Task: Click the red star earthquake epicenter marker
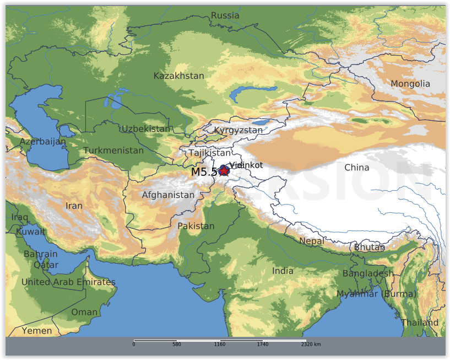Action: pyautogui.click(x=224, y=171)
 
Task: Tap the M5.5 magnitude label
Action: pyautogui.click(x=204, y=172)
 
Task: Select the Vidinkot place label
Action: pyautogui.click(x=246, y=165)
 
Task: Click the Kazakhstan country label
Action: pyautogui.click(x=178, y=76)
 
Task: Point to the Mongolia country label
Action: pyautogui.click(x=410, y=84)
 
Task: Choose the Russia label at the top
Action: pyautogui.click(x=225, y=15)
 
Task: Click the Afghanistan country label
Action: pyautogui.click(x=168, y=195)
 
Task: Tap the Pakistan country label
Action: pyautogui.click(x=196, y=226)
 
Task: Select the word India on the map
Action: pyautogui.click(x=283, y=271)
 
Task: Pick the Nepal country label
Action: pyautogui.click(x=312, y=241)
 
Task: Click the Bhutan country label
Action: pyautogui.click(x=369, y=248)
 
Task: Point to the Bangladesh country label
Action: pyautogui.click(x=368, y=273)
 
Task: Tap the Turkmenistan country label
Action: pyautogui.click(x=113, y=151)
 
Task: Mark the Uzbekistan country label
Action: pyautogui.click(x=146, y=129)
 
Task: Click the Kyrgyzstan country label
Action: pyautogui.click(x=238, y=130)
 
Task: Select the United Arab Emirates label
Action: pyautogui.click(x=68, y=282)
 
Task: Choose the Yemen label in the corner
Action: pyautogui.click(x=37, y=331)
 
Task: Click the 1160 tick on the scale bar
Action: pyautogui.click(x=219, y=344)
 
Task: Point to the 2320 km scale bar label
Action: pyautogui.click(x=311, y=344)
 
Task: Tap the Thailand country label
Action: pyautogui.click(x=420, y=323)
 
